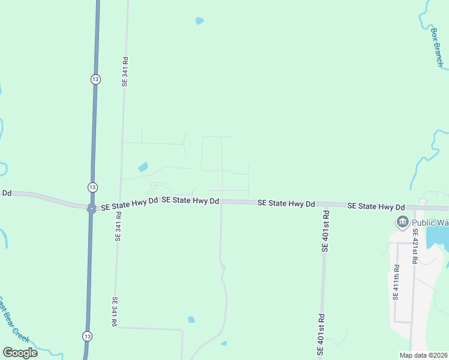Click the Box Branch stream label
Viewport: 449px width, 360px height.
coord(438,47)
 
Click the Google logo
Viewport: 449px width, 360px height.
coord(20,353)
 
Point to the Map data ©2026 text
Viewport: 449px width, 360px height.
coord(422,355)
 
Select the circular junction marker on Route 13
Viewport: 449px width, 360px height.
coord(91,209)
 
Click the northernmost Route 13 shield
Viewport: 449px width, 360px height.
coord(95,79)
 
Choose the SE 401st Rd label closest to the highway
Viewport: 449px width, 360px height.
coord(325,230)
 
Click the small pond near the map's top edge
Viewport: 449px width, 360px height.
coord(199,21)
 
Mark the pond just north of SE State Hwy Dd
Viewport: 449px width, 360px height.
coord(143,167)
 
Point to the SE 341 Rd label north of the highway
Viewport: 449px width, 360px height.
coord(125,72)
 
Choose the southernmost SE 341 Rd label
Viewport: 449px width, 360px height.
coord(114,311)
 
